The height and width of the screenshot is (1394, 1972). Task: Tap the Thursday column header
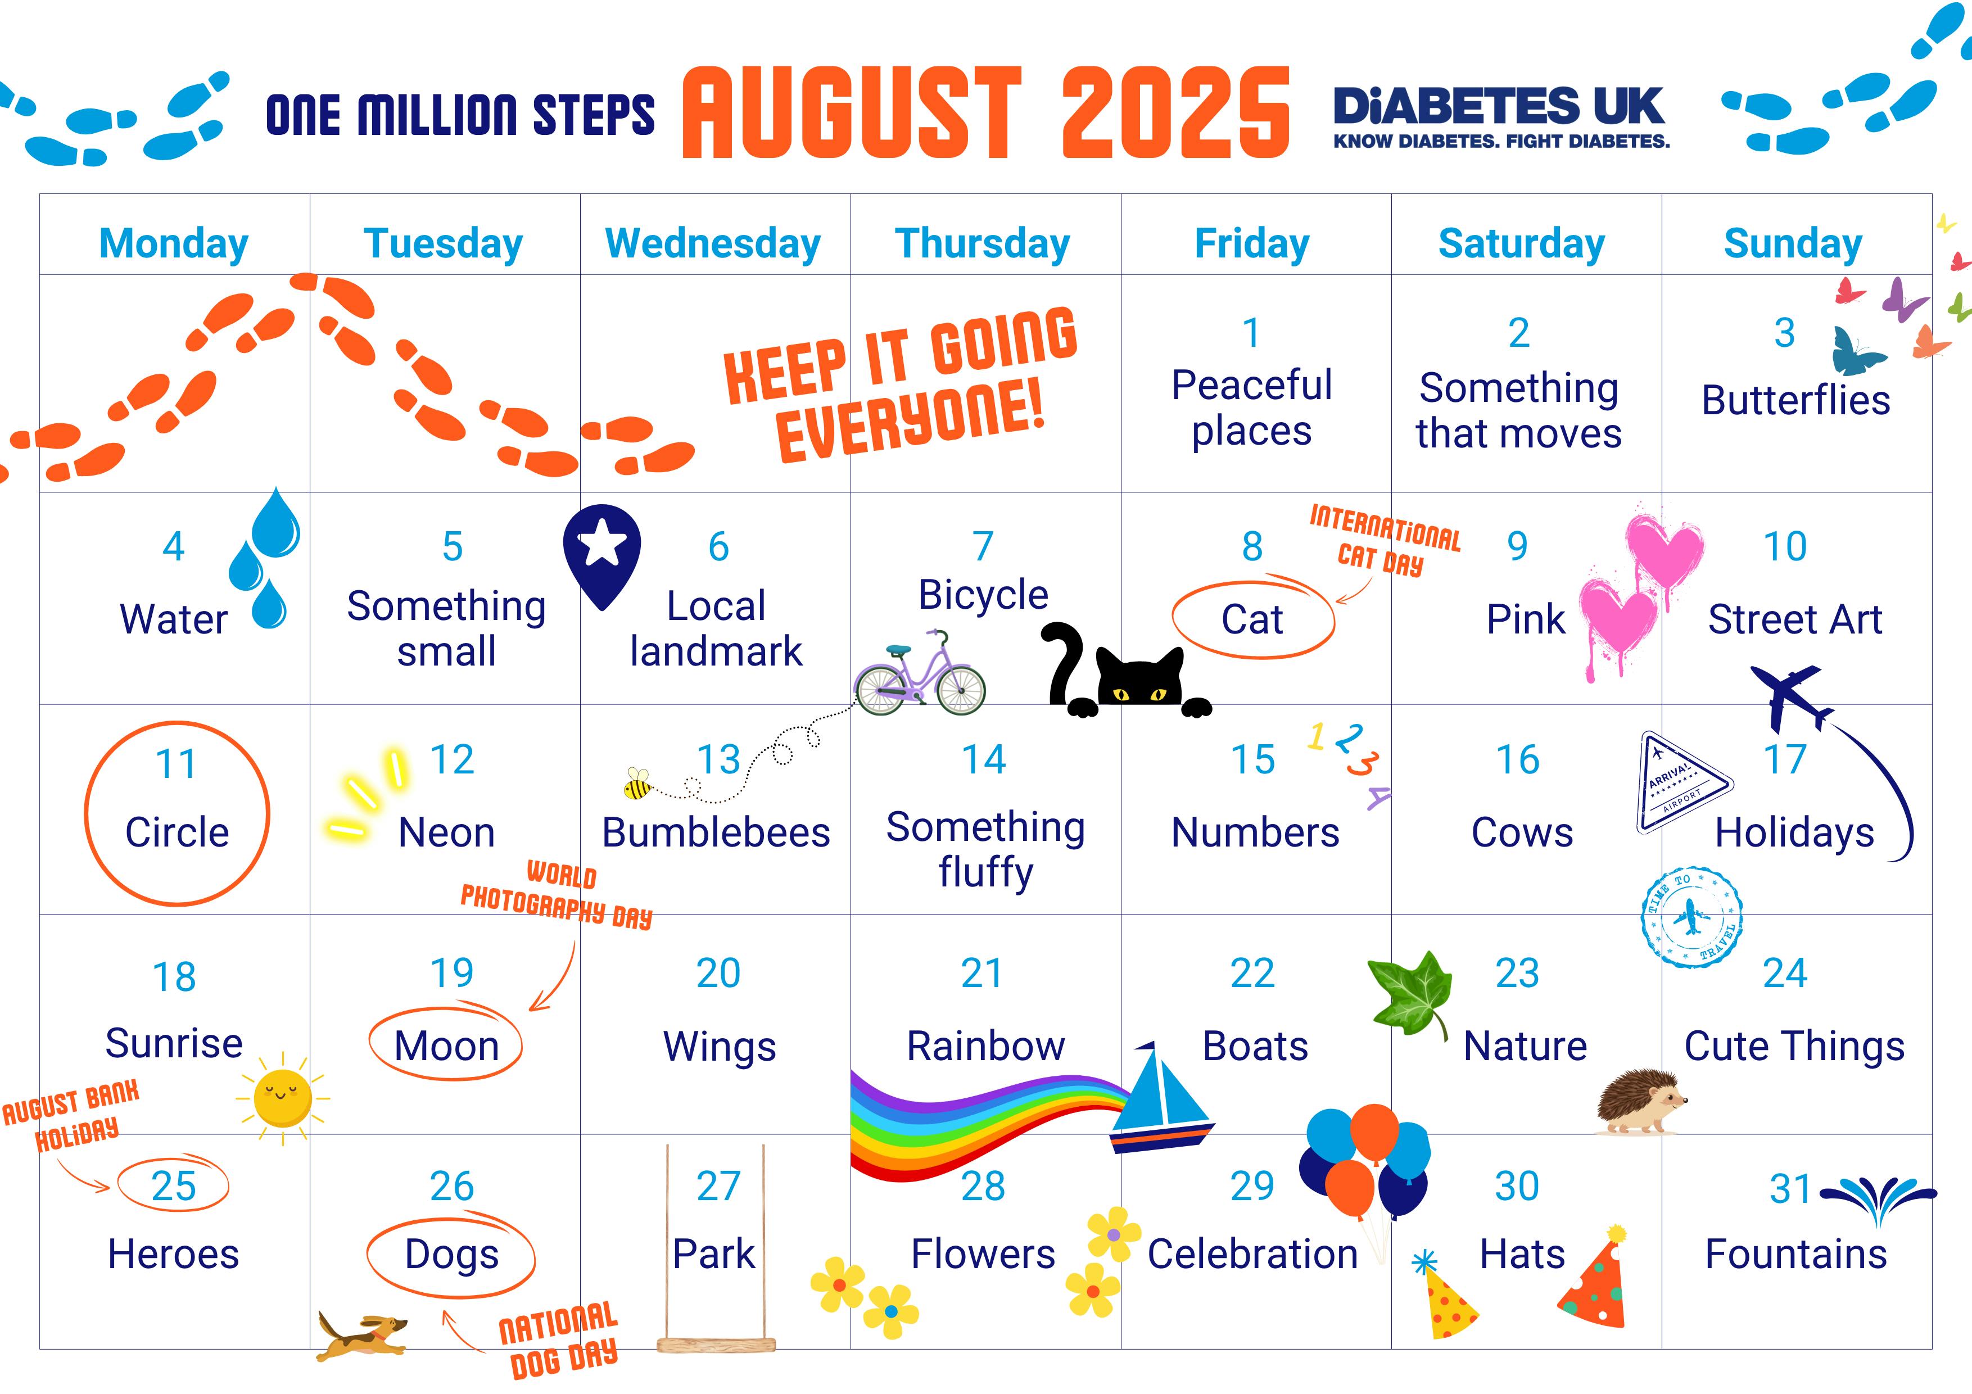983,244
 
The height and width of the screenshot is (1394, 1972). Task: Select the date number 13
718,759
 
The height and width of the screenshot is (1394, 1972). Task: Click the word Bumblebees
716,832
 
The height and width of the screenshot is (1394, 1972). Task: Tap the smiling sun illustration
283,1098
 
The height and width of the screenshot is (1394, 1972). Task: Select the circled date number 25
174,1185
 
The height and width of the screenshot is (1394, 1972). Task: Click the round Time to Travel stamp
1691,918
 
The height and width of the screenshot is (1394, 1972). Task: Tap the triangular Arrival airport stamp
1680,782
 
